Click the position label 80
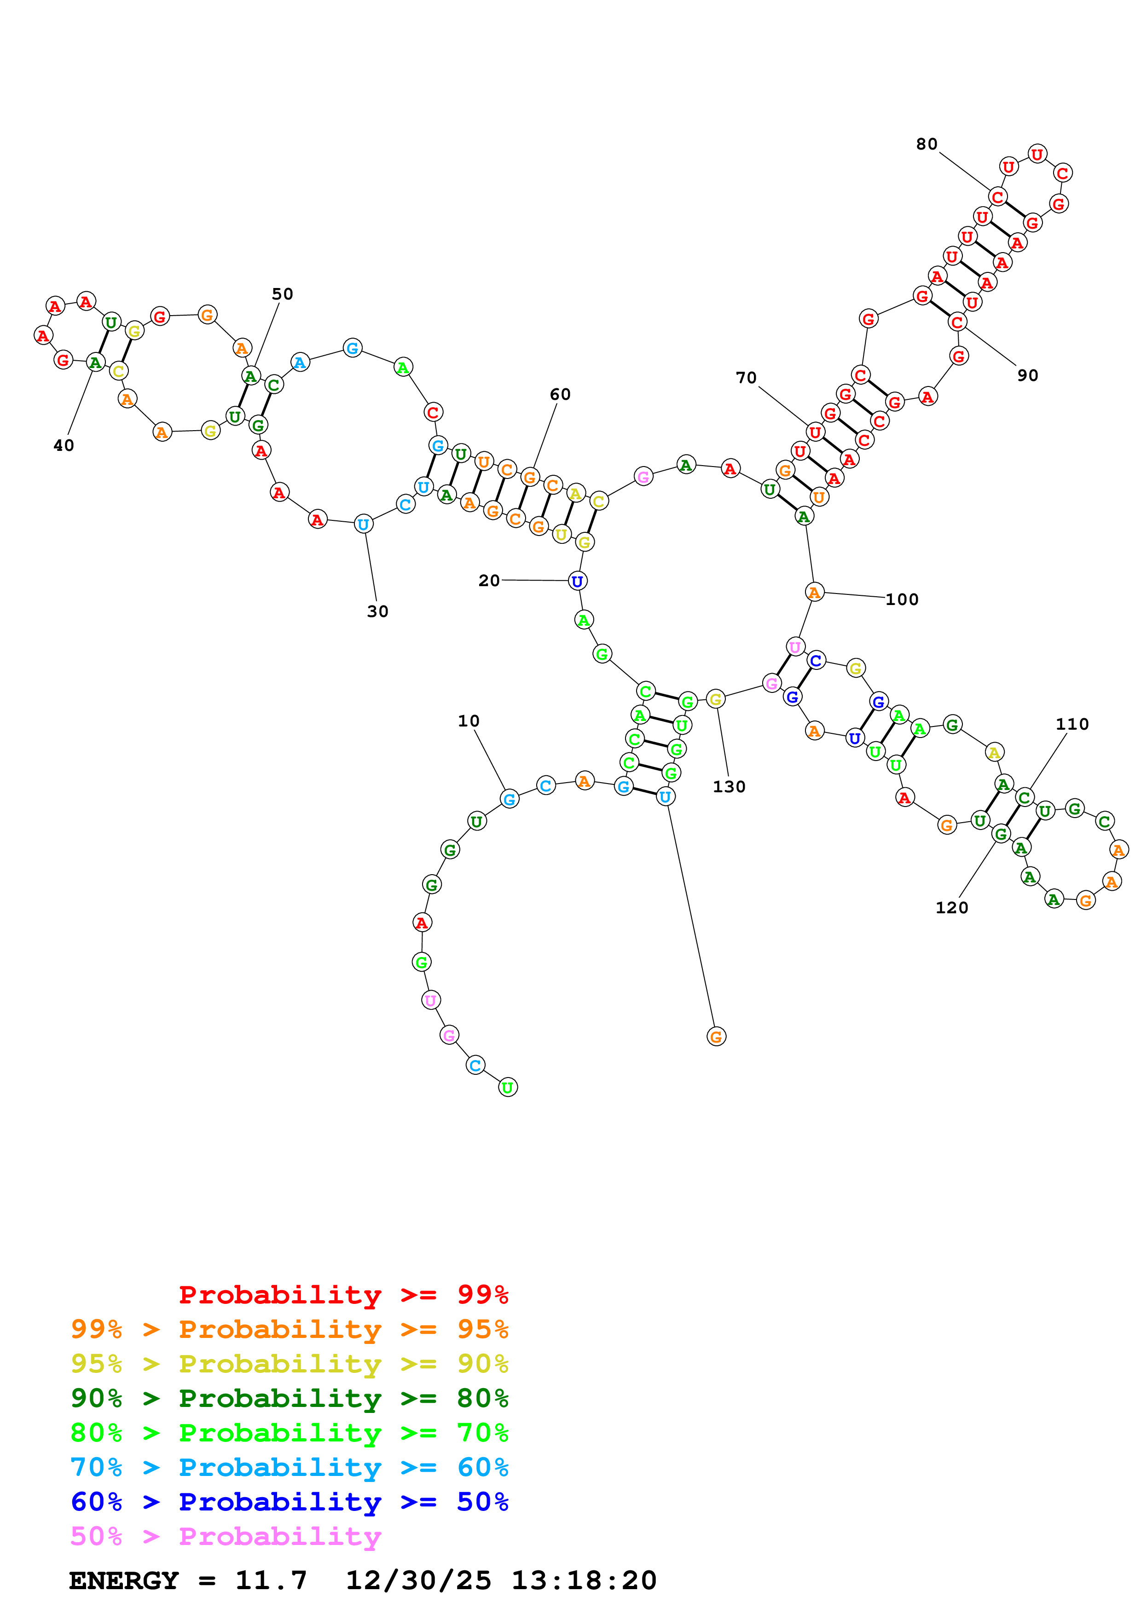(926, 144)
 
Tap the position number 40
(63, 445)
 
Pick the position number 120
(951, 907)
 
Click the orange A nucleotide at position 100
(813, 593)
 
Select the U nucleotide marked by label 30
(363, 524)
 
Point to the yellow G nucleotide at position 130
(715, 699)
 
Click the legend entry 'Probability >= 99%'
(343, 1294)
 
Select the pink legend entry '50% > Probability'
(226, 1536)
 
